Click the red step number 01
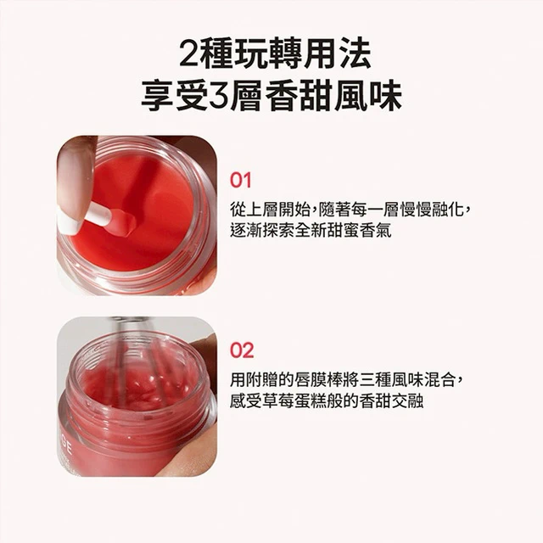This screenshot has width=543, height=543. pyautogui.click(x=240, y=181)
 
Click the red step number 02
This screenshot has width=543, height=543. pyautogui.click(x=242, y=350)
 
